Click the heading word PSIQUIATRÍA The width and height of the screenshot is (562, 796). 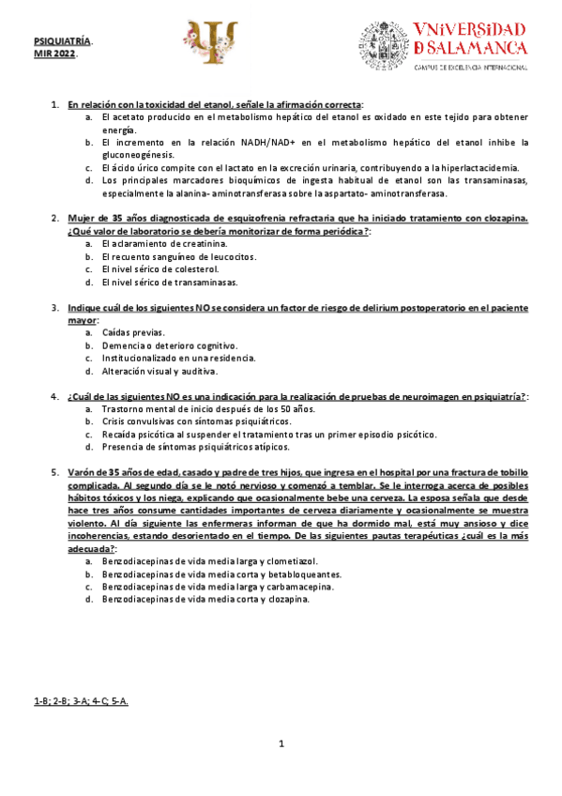tap(62, 43)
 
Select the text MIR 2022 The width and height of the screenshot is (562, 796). tap(54, 54)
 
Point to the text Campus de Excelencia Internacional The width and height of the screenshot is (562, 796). tap(471, 68)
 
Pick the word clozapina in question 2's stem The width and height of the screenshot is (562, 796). tap(503, 218)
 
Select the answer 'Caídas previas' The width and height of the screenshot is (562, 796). tap(132, 332)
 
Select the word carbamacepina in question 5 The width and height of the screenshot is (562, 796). tap(293, 586)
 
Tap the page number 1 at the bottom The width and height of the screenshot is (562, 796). tap(281, 746)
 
